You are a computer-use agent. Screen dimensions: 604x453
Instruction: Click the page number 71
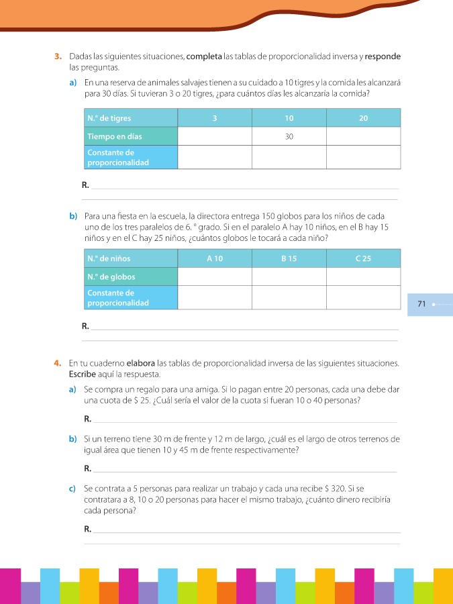[x=421, y=304]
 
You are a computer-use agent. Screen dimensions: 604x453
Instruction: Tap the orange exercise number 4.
[x=58, y=363]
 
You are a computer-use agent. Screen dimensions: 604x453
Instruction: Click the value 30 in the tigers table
[x=289, y=136]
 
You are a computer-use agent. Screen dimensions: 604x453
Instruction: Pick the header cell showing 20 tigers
[x=363, y=118]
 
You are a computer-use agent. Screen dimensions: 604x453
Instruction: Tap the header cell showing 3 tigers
[x=215, y=118]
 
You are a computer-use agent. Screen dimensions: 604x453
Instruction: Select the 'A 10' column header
[x=215, y=258]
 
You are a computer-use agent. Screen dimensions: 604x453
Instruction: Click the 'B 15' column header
[x=289, y=258]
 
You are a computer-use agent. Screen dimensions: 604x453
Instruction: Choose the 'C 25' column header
[x=363, y=258]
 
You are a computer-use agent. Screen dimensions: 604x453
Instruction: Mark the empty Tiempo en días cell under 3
[x=215, y=136]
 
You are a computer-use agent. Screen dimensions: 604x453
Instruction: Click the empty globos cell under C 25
[x=363, y=276]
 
